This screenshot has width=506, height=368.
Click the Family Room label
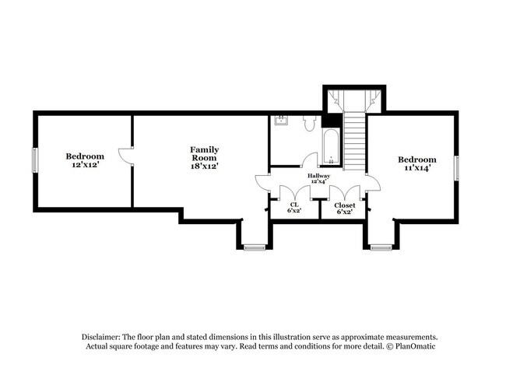coord(205,153)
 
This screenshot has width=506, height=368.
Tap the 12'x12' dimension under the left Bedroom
coord(85,166)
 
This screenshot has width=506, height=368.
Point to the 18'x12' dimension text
coord(205,166)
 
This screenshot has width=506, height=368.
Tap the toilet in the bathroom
coord(310,123)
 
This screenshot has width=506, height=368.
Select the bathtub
coord(331,149)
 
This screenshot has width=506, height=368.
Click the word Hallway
coord(318,176)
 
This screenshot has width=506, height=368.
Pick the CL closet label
coord(293,205)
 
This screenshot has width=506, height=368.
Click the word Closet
coord(345,205)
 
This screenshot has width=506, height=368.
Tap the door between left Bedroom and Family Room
coord(123,157)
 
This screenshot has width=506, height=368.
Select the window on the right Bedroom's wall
coord(457,167)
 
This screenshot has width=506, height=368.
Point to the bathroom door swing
coord(309,160)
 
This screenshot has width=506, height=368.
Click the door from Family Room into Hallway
coord(262,184)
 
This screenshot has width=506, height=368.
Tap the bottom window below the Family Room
coord(254,247)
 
